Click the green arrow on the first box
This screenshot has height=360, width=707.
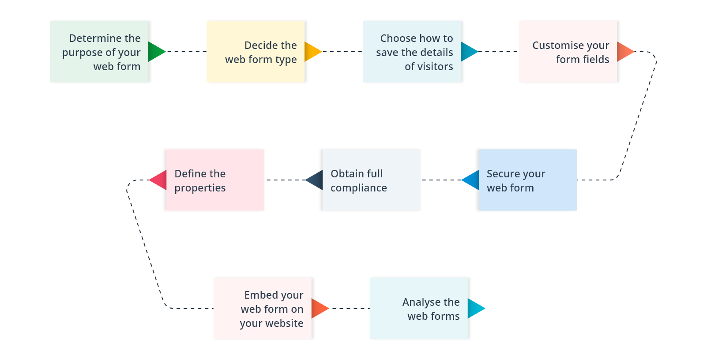(156, 52)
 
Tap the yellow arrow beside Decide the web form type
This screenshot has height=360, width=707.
(312, 52)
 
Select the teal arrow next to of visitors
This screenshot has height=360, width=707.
(468, 52)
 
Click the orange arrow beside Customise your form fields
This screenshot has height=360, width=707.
(624, 52)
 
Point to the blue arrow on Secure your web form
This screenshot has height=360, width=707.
(471, 180)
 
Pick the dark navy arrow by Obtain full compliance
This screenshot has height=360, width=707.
(315, 180)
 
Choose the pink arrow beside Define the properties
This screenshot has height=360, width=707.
(159, 180)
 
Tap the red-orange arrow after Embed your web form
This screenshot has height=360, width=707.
(319, 308)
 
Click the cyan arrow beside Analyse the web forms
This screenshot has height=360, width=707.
(475, 308)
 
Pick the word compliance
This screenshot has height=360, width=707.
(358, 188)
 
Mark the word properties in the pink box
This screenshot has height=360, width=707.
(200, 188)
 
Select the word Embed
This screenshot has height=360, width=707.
(260, 295)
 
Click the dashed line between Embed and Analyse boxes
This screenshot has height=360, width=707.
(350, 308)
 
